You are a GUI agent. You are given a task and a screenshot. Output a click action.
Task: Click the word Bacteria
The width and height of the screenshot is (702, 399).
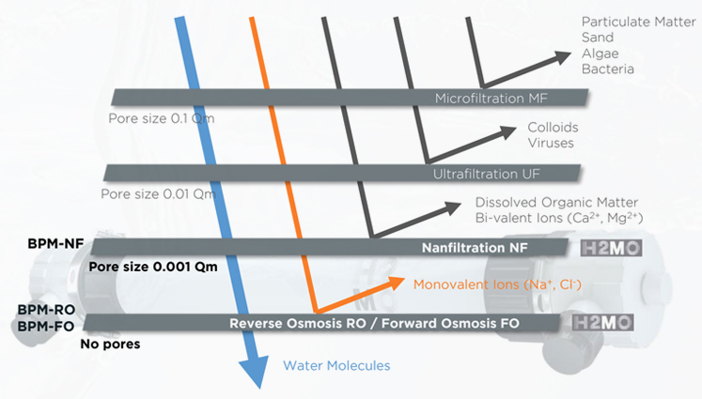point(607,69)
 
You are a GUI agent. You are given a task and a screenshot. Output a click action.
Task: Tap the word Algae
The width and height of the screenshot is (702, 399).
point(601,53)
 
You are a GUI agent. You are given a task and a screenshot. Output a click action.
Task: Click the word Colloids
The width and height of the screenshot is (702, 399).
point(554,127)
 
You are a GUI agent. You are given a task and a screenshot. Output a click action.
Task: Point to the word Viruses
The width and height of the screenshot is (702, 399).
point(551,143)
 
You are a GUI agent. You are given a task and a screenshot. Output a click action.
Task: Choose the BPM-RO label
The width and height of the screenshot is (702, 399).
point(43,310)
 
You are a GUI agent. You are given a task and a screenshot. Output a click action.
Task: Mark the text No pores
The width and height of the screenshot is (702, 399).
point(112,345)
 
